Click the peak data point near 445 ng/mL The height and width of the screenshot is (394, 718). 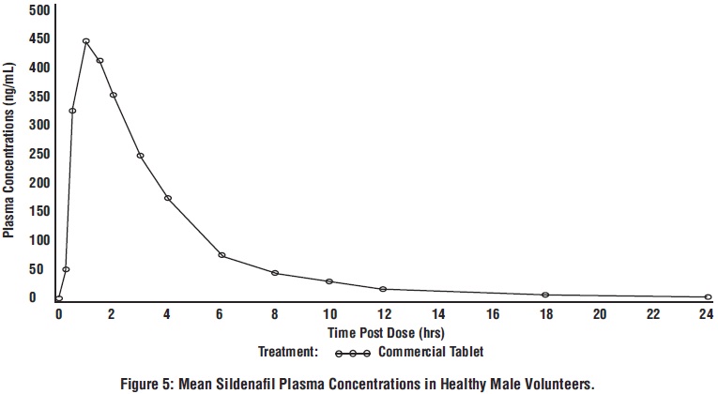(85, 41)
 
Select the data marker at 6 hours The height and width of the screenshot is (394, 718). (222, 255)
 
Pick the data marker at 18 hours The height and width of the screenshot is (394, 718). (545, 295)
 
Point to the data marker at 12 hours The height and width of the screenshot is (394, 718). (383, 289)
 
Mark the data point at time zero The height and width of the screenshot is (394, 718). (59, 299)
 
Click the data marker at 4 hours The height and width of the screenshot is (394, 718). (168, 198)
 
